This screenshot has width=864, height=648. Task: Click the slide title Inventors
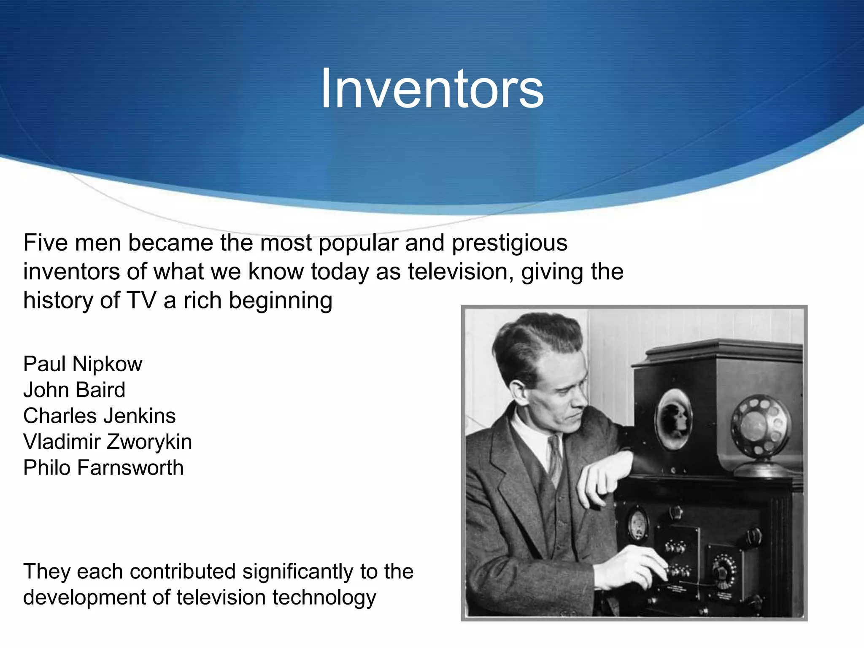pyautogui.click(x=432, y=89)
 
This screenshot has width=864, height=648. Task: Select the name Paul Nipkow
pyautogui.click(x=83, y=364)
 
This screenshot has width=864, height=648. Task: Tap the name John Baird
pyautogui.click(x=74, y=390)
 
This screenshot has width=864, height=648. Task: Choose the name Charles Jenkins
pyautogui.click(x=99, y=416)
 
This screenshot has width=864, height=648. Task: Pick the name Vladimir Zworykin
pyautogui.click(x=108, y=442)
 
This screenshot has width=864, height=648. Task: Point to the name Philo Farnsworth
pyautogui.click(x=103, y=468)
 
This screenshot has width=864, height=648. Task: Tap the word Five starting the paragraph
pyautogui.click(x=45, y=243)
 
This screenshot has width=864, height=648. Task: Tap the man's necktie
pyautogui.click(x=555, y=458)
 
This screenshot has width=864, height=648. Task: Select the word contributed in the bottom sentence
pyautogui.click(x=182, y=572)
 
